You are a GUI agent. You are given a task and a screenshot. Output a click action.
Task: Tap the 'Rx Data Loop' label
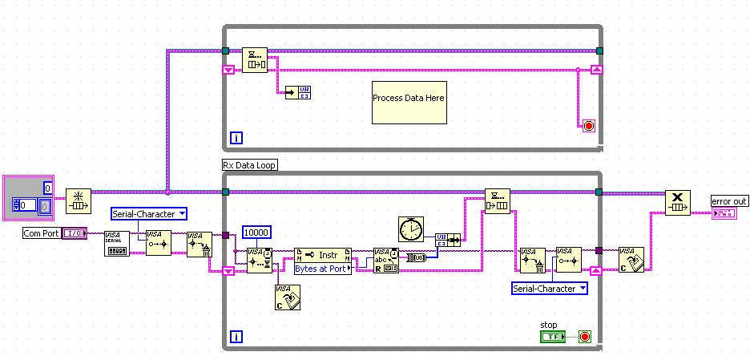tap(249, 165)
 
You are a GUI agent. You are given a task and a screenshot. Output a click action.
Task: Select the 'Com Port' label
tap(41, 233)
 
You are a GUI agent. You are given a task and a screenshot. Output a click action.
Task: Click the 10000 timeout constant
tap(256, 233)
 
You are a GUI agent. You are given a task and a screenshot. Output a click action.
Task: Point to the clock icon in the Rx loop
tap(411, 229)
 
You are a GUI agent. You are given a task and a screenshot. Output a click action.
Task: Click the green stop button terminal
tap(552, 337)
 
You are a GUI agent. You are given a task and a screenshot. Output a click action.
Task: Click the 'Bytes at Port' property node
tap(322, 261)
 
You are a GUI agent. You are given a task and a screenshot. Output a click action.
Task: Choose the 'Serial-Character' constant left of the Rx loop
tap(149, 213)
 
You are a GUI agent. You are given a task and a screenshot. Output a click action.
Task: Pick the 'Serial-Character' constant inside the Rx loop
tap(550, 288)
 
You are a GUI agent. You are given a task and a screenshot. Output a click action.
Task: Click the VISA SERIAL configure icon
tap(118, 243)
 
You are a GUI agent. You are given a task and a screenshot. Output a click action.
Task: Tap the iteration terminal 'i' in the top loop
tap(236, 138)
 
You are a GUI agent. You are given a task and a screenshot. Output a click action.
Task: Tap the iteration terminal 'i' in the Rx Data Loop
tap(236, 338)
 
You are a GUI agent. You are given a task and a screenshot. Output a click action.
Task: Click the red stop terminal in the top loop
tap(588, 126)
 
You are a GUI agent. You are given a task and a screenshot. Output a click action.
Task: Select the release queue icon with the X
tap(677, 202)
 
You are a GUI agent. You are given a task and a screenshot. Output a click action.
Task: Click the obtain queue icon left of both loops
tap(79, 202)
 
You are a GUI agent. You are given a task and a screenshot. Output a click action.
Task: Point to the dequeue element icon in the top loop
tap(254, 59)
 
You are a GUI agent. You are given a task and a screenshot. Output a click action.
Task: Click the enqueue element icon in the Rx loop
tap(497, 202)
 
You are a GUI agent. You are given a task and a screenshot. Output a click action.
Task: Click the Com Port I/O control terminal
tap(75, 233)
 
